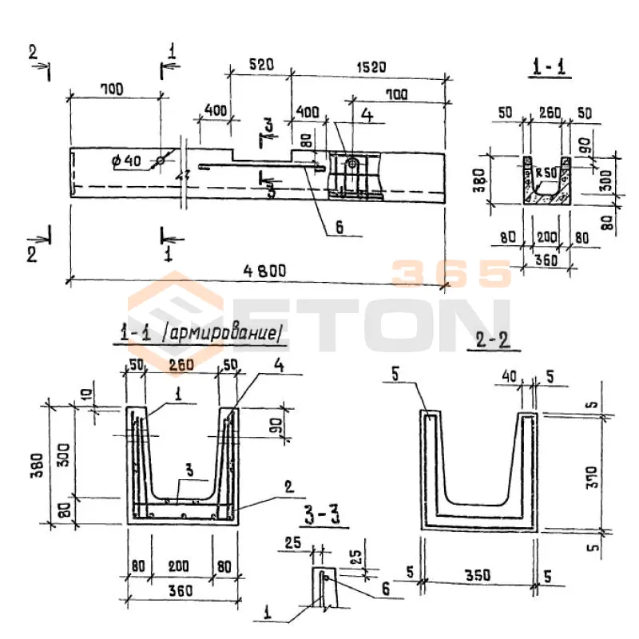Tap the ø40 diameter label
(x=126, y=161)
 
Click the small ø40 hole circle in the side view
(x=160, y=161)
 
